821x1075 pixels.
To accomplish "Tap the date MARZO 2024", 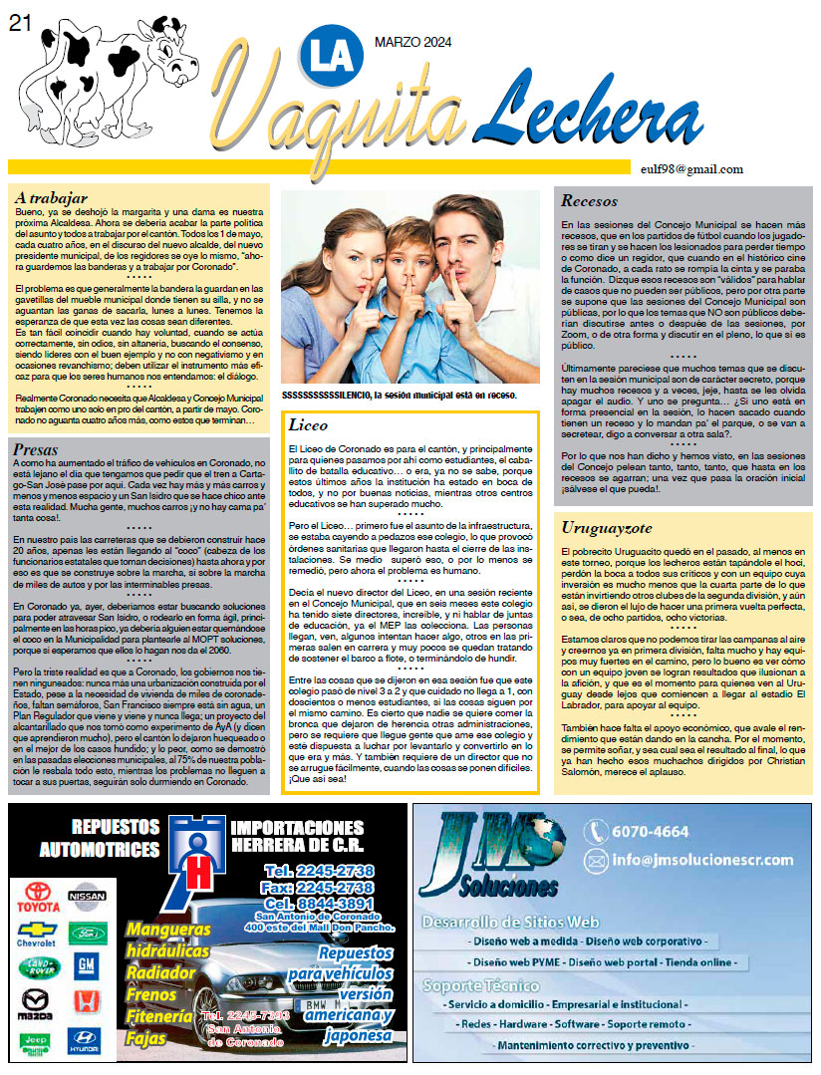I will point(412,41).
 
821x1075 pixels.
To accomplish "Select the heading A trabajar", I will point(52,197).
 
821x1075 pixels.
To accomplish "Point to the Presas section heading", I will point(37,450).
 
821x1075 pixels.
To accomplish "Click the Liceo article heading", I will point(308,424).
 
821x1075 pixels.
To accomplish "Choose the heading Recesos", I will point(589,200).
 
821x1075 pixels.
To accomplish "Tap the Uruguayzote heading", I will point(605,527).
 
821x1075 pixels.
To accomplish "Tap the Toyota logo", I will point(38,902).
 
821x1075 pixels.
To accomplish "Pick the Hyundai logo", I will point(85,1042).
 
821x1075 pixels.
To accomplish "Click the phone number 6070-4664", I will point(652,832).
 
